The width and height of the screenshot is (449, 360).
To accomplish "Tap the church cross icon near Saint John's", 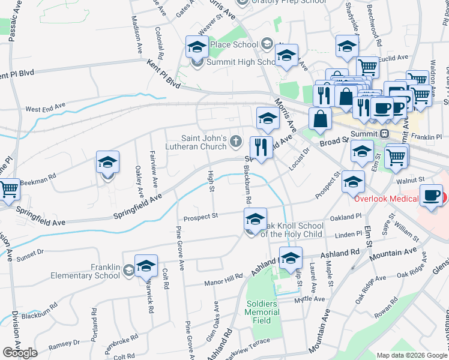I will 236,142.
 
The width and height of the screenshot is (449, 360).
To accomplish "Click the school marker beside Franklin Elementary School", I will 146,265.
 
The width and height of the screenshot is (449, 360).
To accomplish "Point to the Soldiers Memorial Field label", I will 262,312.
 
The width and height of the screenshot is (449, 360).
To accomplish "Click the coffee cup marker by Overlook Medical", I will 431,196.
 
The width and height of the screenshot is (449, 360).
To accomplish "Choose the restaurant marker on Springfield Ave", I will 261,147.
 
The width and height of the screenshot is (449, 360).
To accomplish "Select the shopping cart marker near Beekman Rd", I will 8,190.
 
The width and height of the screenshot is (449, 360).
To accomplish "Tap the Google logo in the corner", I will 20,353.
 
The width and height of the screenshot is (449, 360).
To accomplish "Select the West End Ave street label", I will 45,109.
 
